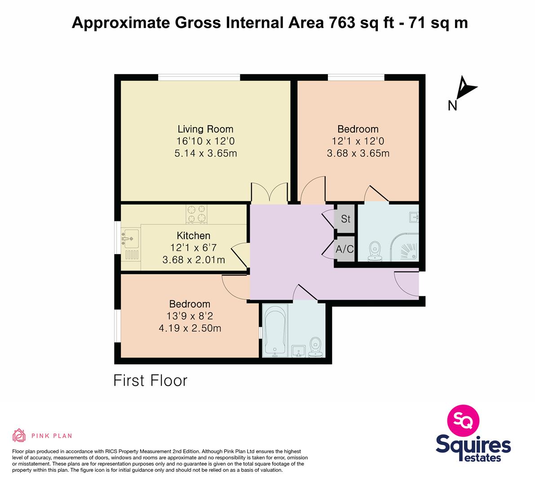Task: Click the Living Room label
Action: (205, 129)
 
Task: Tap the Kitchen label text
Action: (194, 236)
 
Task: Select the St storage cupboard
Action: (345, 219)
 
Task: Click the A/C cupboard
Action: (345, 249)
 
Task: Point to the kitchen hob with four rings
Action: (197, 214)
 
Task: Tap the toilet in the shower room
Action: (375, 252)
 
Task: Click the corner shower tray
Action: (404, 247)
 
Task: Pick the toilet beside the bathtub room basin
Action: (316, 348)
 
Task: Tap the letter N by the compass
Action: (452, 106)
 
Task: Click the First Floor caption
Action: (150, 381)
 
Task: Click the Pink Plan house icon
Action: (19, 435)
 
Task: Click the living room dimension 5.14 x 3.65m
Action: (206, 153)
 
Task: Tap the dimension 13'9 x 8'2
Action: (190, 316)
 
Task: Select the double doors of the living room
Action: (270, 193)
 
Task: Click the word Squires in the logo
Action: (473, 445)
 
